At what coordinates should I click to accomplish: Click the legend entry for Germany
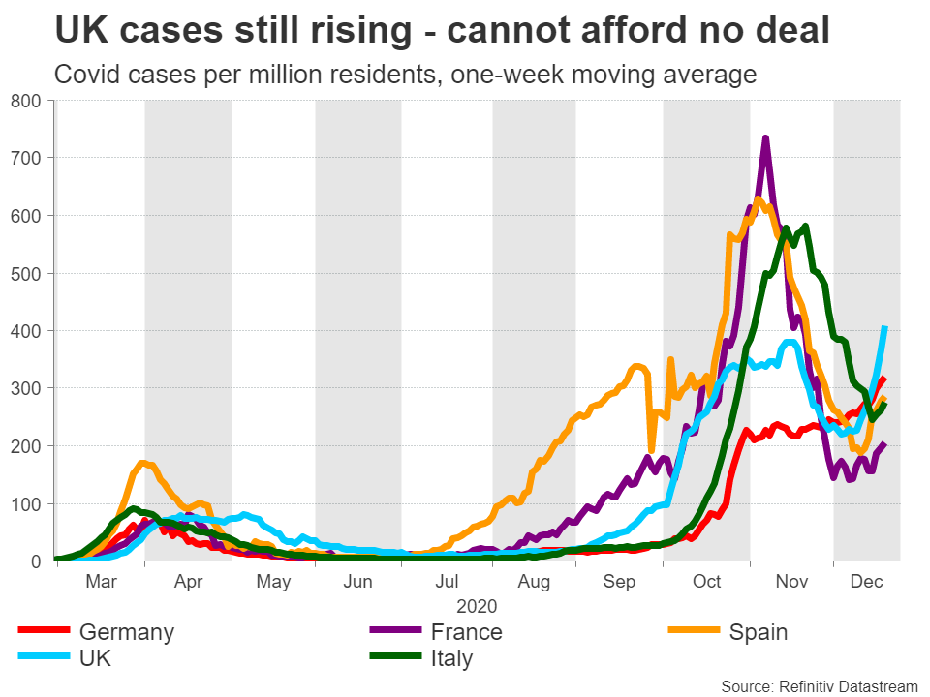[126, 633]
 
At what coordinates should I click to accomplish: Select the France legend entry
[467, 633]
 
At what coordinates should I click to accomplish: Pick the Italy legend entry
[453, 659]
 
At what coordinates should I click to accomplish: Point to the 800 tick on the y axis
[25, 100]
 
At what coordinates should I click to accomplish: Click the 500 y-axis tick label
[25, 273]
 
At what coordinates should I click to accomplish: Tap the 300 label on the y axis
[25, 388]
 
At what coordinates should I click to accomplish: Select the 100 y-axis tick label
[25, 503]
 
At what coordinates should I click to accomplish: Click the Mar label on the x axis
[101, 583]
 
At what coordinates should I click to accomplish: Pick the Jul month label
[448, 583]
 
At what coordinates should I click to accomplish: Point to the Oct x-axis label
[707, 583]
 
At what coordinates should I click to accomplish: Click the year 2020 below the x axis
[478, 608]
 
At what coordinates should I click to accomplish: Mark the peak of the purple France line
[765, 138]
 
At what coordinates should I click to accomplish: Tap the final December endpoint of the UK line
[884, 327]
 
